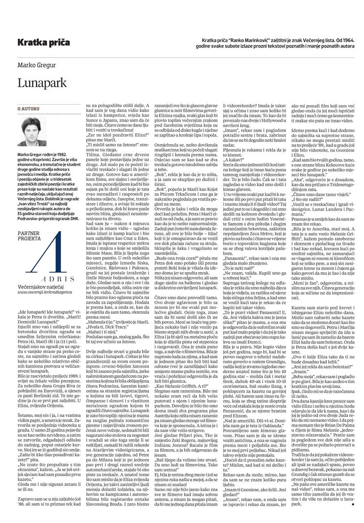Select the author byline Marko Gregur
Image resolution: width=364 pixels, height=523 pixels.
36,65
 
